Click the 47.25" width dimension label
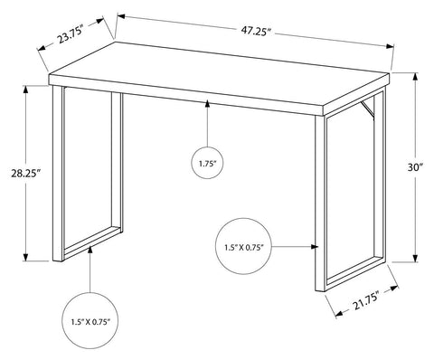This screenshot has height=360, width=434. tap(256, 31)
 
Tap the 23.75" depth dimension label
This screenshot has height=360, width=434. tap(71, 34)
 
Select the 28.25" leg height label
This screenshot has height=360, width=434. tap(26, 174)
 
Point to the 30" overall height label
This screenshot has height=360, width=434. tap(416, 167)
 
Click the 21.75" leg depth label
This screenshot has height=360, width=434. tap(365, 303)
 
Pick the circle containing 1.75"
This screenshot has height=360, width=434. tap(207, 163)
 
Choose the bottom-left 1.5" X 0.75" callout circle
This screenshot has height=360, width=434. tap(90, 321)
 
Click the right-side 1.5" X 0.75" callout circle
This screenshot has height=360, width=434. tap(244, 247)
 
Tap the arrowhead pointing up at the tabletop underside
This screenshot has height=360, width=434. tap(207, 104)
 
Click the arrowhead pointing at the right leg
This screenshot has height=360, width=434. tap(315, 247)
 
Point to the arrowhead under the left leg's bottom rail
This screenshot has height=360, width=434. tap(90, 250)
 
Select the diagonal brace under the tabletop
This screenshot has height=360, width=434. tap(367, 110)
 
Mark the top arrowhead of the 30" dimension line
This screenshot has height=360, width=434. tap(415, 77)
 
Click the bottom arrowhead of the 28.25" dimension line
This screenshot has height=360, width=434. tap(26, 257)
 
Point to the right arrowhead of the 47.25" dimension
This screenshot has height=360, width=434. tap(391, 46)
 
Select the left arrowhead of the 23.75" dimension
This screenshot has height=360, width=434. tap(41, 48)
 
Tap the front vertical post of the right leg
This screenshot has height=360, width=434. tap(320, 203)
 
